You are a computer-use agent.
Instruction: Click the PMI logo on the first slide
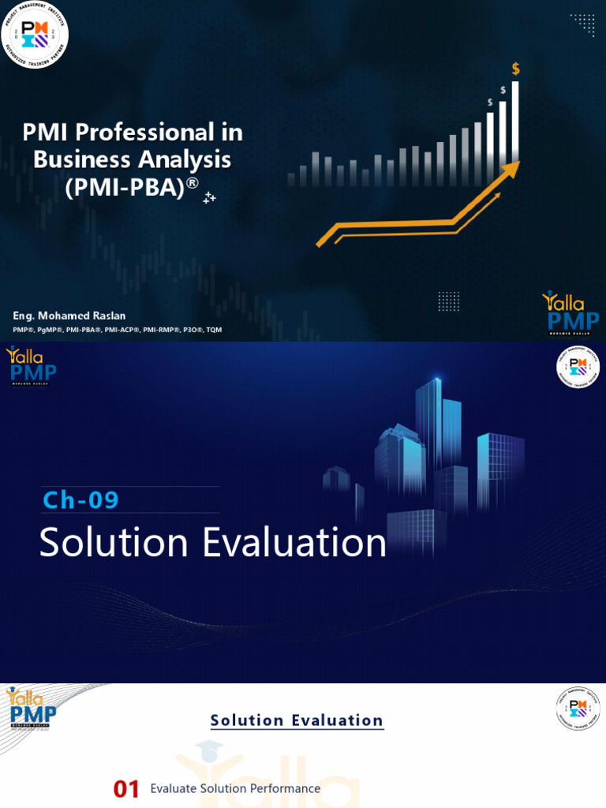pos(35,35)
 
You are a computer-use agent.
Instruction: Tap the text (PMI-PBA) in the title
pos(126,187)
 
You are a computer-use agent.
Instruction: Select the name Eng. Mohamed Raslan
pos(69,316)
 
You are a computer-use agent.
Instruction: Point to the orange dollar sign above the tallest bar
pos(516,69)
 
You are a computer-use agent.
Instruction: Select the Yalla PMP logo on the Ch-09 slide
pos(31,366)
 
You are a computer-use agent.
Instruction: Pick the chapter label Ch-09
pos(80,500)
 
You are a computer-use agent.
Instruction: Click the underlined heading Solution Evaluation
pos(297,720)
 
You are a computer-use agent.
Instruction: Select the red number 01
pos(126,789)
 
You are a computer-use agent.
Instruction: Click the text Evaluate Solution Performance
pos(235,788)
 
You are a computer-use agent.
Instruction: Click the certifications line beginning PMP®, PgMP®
pos(117,330)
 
